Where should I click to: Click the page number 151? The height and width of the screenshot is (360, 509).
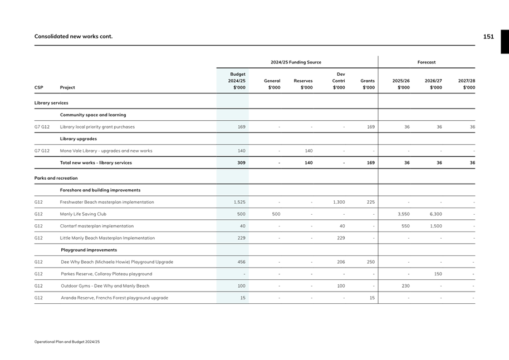click(x=488, y=37)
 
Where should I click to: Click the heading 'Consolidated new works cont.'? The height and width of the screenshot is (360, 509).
click(x=74, y=37)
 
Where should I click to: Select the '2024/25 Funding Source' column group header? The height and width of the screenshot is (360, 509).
click(x=296, y=62)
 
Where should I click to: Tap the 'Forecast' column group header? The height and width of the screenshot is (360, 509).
click(x=427, y=62)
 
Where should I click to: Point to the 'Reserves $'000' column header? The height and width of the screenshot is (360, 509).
click(x=303, y=84)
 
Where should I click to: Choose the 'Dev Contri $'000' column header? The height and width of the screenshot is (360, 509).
click(x=339, y=81)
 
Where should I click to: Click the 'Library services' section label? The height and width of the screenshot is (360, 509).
click(x=51, y=103)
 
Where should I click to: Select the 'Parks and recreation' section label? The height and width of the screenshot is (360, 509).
click(x=56, y=178)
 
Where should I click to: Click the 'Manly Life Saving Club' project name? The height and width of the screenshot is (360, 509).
click(x=83, y=214)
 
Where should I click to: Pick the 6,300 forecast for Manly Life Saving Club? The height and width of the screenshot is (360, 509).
click(x=435, y=214)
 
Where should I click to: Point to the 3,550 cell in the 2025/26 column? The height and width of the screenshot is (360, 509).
click(x=403, y=214)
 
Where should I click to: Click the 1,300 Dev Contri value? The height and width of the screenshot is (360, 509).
click(x=339, y=202)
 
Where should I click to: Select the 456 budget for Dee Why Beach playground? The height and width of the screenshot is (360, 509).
click(x=241, y=262)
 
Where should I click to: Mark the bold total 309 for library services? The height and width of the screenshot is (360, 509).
click(x=241, y=163)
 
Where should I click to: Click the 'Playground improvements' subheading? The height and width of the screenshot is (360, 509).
click(x=89, y=250)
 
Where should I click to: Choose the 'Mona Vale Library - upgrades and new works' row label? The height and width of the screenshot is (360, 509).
click(x=106, y=151)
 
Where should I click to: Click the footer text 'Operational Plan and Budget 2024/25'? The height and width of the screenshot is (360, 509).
click(x=67, y=342)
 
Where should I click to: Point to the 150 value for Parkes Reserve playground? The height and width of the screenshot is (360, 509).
click(x=438, y=274)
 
